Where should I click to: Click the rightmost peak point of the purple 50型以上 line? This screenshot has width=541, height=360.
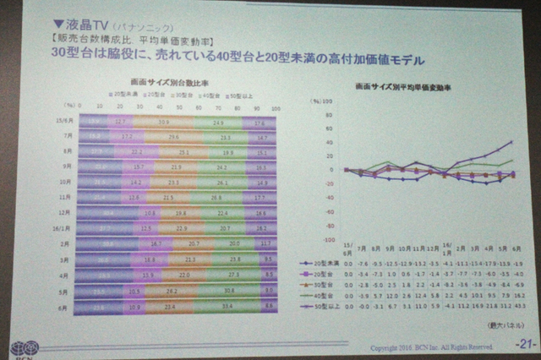(x=512, y=141)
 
